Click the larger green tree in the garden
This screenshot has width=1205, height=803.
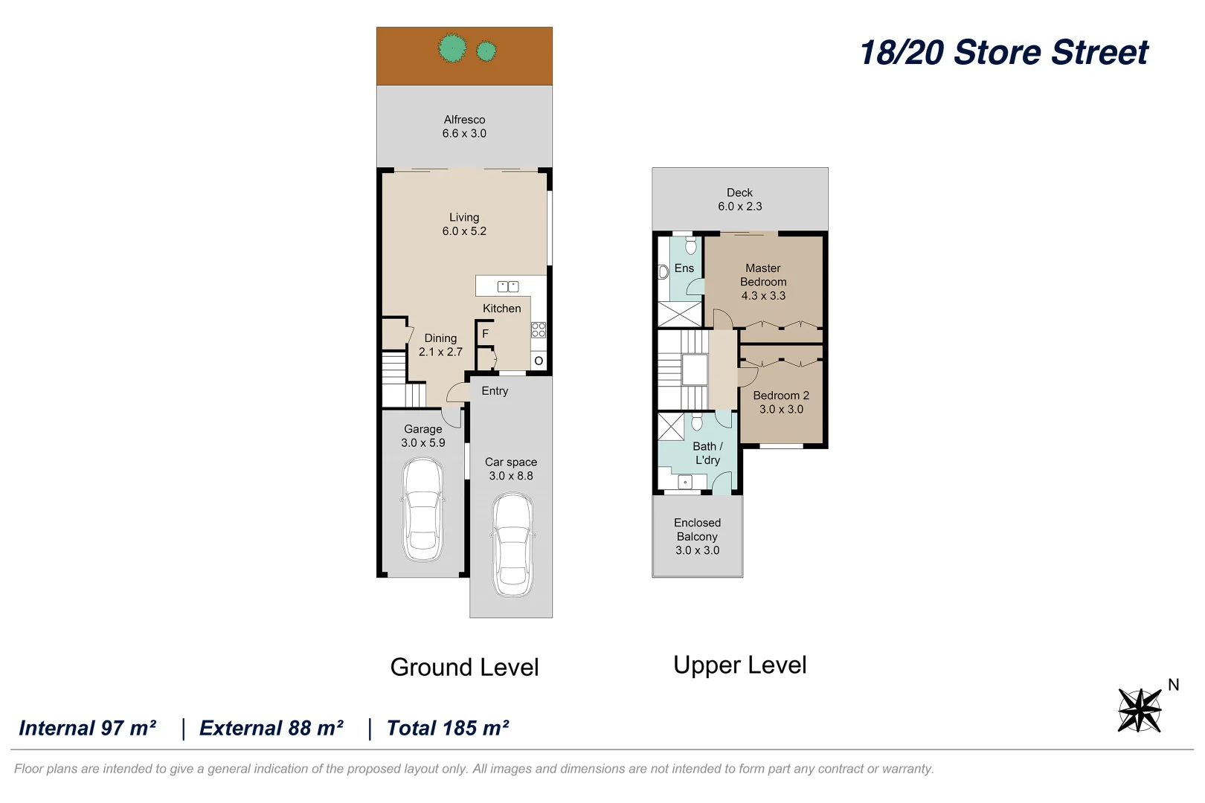(452, 49)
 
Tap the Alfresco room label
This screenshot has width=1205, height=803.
(464, 120)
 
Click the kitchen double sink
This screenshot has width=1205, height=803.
(508, 286)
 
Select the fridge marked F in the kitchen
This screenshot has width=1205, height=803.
(485, 334)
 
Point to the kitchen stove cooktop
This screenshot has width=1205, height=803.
(539, 329)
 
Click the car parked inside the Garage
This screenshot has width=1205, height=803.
(423, 510)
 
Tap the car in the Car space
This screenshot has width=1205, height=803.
(512, 546)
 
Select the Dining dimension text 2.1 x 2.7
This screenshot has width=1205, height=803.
(440, 352)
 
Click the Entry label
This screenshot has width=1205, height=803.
(495, 391)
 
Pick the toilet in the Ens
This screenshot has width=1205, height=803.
(691, 246)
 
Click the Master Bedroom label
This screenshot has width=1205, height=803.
(763, 275)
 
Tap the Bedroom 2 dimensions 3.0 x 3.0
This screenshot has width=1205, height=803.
(781, 409)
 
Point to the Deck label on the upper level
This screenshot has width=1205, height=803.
(739, 193)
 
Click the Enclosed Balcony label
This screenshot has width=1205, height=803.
(697, 530)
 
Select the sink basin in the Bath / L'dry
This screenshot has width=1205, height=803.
(685, 482)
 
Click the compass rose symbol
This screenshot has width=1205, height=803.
(1140, 710)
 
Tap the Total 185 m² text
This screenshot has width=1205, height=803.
(448, 728)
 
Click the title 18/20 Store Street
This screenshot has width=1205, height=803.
(1004, 53)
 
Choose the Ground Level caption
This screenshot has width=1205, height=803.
(464, 668)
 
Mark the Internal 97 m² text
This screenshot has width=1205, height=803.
(88, 728)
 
